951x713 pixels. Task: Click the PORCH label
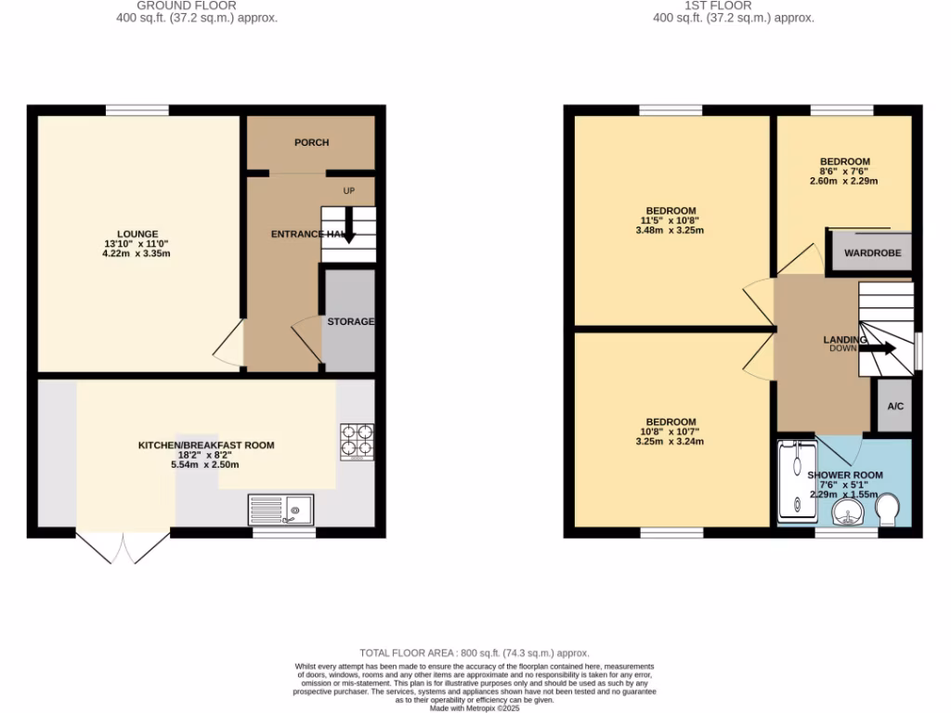pyautogui.click(x=311, y=142)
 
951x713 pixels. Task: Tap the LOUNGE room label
pyautogui.click(x=137, y=234)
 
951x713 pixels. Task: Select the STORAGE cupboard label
pyautogui.click(x=350, y=321)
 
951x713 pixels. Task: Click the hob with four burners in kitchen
pyautogui.click(x=358, y=441)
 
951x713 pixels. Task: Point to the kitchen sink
pyautogui.click(x=282, y=510)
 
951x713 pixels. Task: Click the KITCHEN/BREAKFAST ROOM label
pyautogui.click(x=206, y=446)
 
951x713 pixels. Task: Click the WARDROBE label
pyautogui.click(x=872, y=253)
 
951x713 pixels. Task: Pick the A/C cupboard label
pyautogui.click(x=895, y=407)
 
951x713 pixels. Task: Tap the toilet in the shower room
pyautogui.click(x=887, y=509)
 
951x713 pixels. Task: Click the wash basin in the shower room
pyautogui.click(x=847, y=513)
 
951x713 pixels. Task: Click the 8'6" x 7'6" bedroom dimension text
pyautogui.click(x=844, y=172)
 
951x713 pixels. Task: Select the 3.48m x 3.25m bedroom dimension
pyautogui.click(x=671, y=230)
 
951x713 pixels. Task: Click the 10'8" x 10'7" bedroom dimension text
pyautogui.click(x=671, y=432)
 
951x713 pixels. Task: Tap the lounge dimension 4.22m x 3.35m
pyautogui.click(x=137, y=254)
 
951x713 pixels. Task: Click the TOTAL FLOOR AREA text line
pyautogui.click(x=475, y=654)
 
